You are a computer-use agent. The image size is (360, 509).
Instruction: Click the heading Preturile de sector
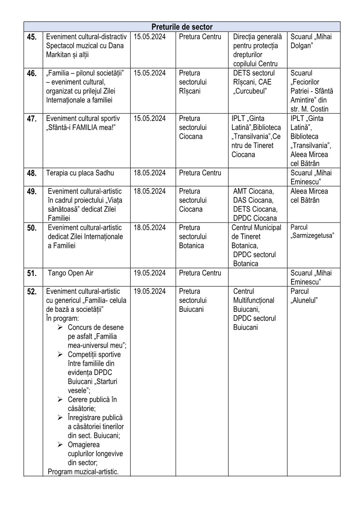(x=182, y=27)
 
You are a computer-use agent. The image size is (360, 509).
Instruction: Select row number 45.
(x=32, y=37)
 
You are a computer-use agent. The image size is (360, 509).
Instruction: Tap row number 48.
(x=32, y=173)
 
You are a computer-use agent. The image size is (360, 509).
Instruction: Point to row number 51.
(x=32, y=273)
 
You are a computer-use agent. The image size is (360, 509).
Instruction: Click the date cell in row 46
(x=150, y=73)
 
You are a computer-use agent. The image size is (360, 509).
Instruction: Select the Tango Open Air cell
(x=71, y=273)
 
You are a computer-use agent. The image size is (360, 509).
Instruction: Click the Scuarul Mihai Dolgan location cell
(x=311, y=41)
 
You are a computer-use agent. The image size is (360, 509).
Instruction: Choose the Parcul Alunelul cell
(x=304, y=296)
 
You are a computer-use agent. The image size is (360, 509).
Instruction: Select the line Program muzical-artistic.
(x=83, y=472)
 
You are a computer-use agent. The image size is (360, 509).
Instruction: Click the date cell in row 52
(x=150, y=291)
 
